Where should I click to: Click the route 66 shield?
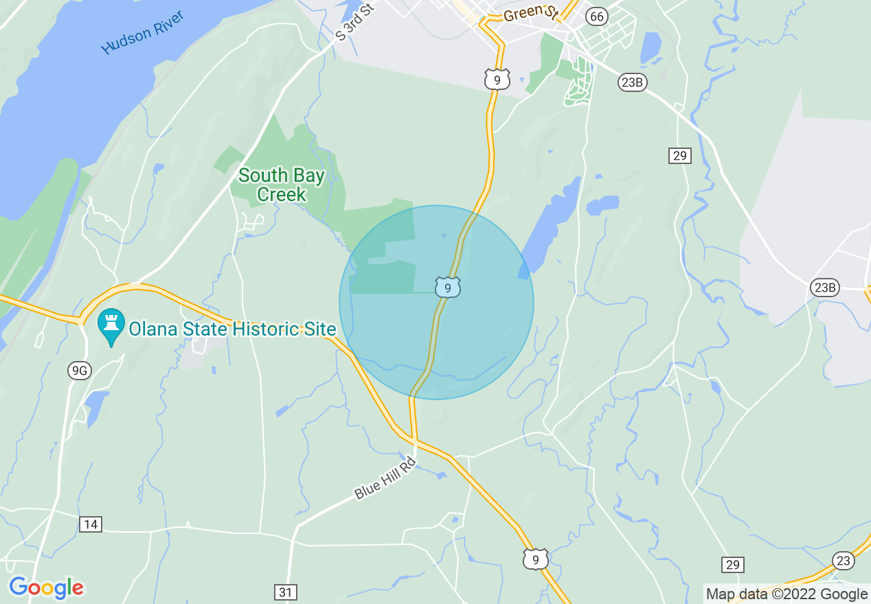[597, 16]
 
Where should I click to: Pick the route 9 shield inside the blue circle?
[447, 288]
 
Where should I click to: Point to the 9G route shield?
[79, 371]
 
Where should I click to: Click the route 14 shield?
[91, 524]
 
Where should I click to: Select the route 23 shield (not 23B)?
[844, 561]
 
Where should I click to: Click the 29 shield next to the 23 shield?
[733, 564]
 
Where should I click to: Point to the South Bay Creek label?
[282, 185]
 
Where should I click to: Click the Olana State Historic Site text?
[232, 329]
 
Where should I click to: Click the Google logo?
[46, 588]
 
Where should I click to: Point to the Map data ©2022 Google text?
[787, 594]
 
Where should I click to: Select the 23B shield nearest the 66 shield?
[631, 82]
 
